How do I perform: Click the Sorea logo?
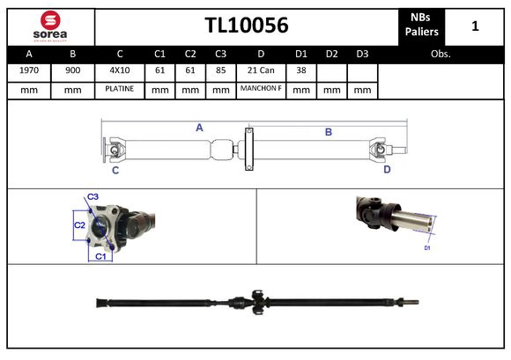[x=50, y=26]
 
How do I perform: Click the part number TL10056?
[x=246, y=26]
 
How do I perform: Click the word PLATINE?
[x=119, y=90]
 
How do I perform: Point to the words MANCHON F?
[x=261, y=90]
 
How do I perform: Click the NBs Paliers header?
[x=419, y=26]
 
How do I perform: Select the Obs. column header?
[x=441, y=54]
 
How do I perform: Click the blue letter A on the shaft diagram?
[x=199, y=128]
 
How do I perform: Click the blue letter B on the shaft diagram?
[x=328, y=132]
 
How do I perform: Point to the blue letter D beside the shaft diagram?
[x=387, y=169]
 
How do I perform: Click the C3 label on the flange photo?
[x=93, y=196]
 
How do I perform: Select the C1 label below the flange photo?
[x=100, y=256]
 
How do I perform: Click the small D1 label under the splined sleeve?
[x=427, y=249]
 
